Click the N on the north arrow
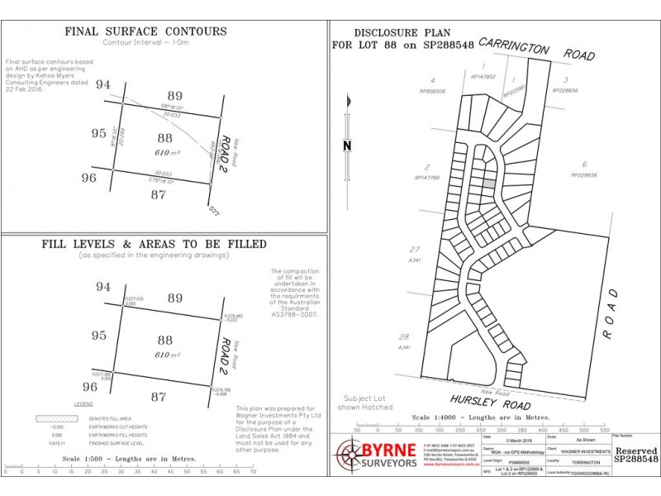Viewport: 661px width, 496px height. pos(348,145)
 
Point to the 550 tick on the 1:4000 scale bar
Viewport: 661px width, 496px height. pos(605,431)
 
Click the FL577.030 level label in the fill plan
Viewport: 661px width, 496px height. pos(133,298)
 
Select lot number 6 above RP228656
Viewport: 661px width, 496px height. pos(584,165)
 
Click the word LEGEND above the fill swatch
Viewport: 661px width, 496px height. pos(83,403)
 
